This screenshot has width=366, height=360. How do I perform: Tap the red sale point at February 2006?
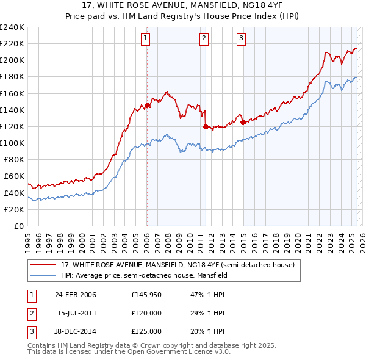(x=147, y=105)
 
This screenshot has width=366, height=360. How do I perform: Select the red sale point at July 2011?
(x=206, y=126)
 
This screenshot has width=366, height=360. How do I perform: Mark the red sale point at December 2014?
(x=243, y=122)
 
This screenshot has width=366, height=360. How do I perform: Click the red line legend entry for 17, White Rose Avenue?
(x=178, y=265)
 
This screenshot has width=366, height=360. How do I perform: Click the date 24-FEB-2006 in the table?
(x=76, y=295)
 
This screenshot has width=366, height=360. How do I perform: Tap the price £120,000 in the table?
(x=146, y=313)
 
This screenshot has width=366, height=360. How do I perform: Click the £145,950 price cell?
(x=146, y=295)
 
